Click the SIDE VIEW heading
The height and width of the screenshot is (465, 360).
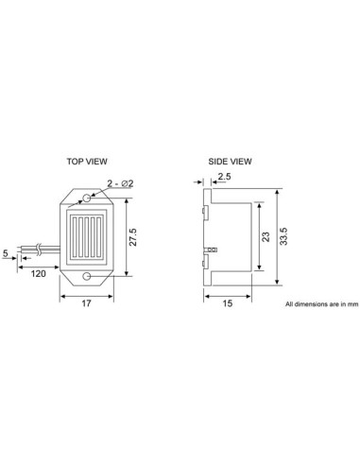[x=231, y=161]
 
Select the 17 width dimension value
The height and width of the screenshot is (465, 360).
[x=86, y=304]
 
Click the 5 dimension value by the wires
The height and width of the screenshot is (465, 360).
[x=7, y=253]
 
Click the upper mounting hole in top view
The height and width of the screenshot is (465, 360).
[x=86, y=198]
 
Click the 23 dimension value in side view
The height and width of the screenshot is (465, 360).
[x=266, y=238]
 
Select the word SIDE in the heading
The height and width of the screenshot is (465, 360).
[x=218, y=161]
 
